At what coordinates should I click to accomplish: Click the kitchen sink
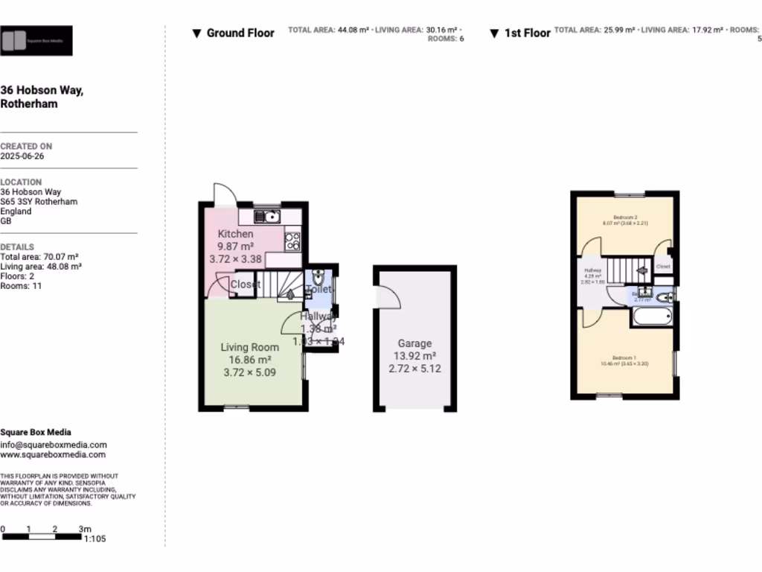[x=267, y=217]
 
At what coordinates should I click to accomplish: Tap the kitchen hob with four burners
[x=292, y=241]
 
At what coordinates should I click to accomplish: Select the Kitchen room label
[x=235, y=234]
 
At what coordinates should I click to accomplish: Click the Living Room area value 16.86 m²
[x=250, y=360]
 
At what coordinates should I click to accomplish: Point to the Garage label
[x=414, y=343]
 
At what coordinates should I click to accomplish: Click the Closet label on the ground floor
[x=245, y=285]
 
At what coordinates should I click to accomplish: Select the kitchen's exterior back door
[x=225, y=194]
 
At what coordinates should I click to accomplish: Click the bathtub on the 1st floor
[x=653, y=317]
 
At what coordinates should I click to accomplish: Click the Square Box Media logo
[x=36, y=41]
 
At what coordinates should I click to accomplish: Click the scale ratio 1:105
[x=95, y=538]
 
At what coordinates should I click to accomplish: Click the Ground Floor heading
[x=240, y=33]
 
